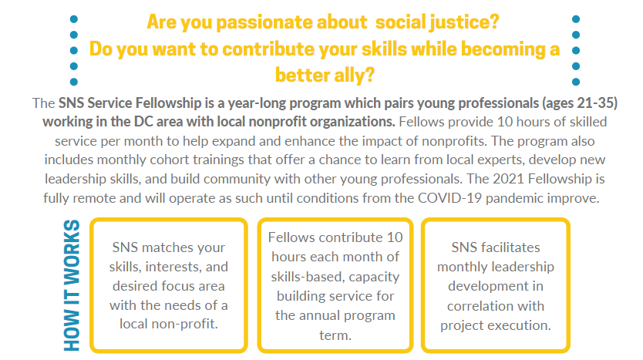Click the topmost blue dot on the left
tap(74, 19)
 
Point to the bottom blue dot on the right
tap(576, 82)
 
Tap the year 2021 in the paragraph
tap(509, 179)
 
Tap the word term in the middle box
tap(335, 335)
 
